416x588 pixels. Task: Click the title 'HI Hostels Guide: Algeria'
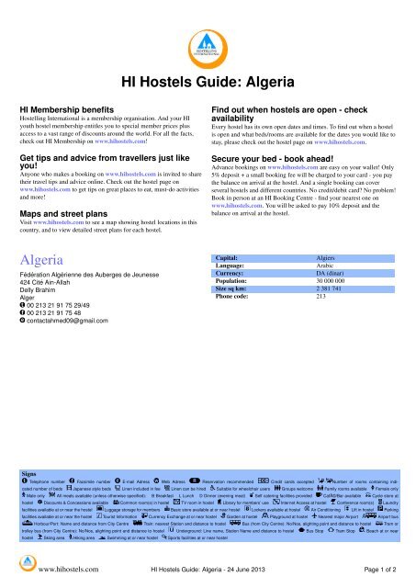tap(208, 79)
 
